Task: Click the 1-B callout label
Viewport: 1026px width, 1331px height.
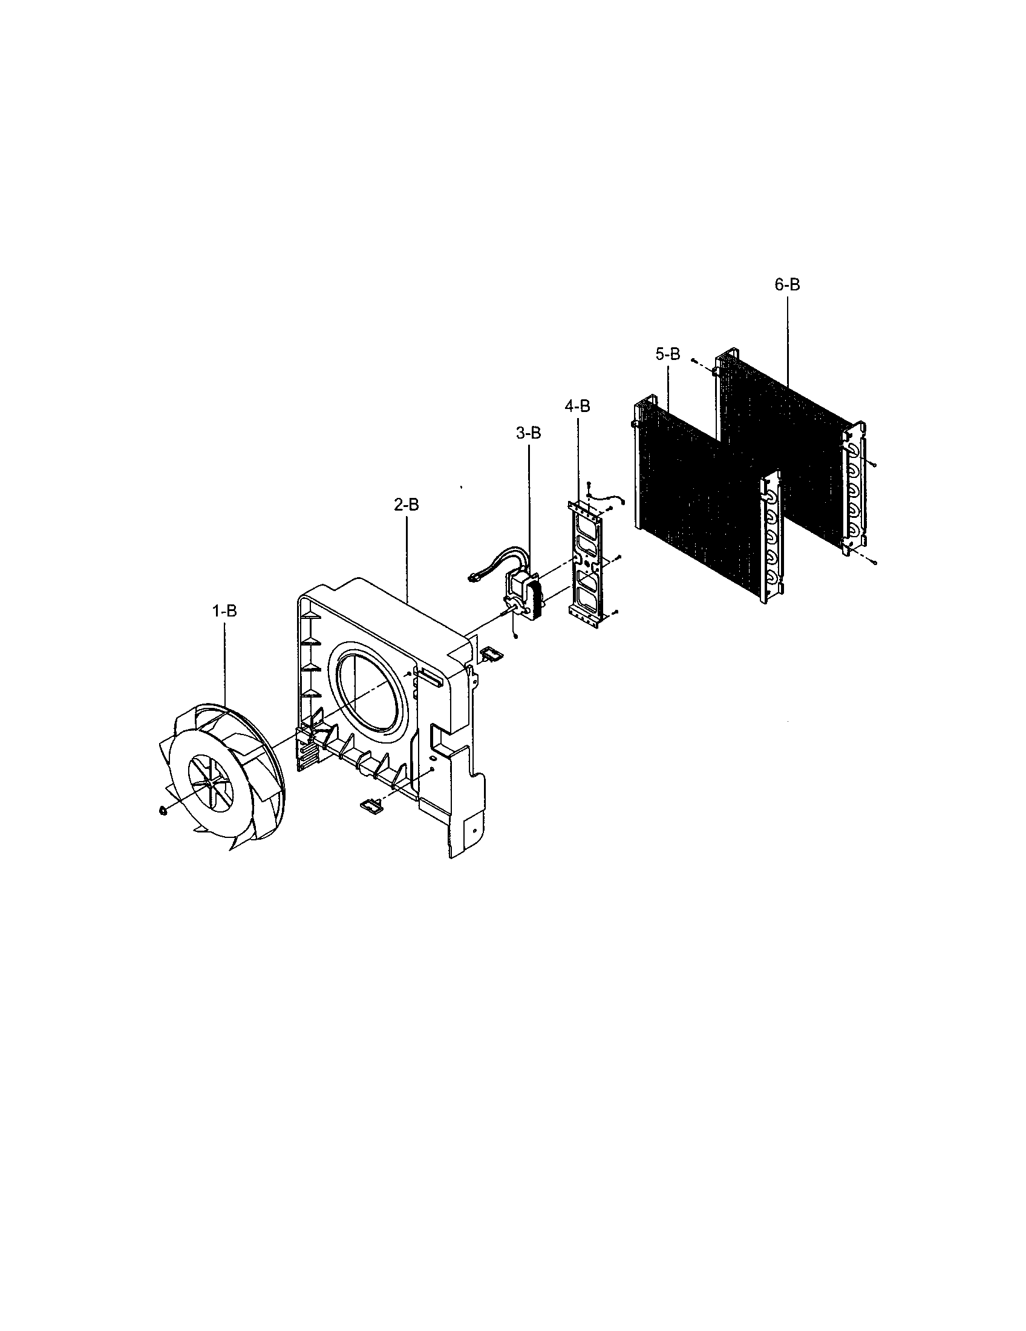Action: (x=224, y=611)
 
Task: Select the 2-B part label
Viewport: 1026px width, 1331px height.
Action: (x=406, y=505)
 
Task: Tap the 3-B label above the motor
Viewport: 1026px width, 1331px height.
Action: (x=528, y=433)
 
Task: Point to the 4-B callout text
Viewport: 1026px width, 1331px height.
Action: (x=577, y=406)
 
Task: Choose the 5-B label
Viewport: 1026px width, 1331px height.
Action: (x=668, y=354)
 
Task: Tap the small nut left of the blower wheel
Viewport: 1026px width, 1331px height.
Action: (x=162, y=810)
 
